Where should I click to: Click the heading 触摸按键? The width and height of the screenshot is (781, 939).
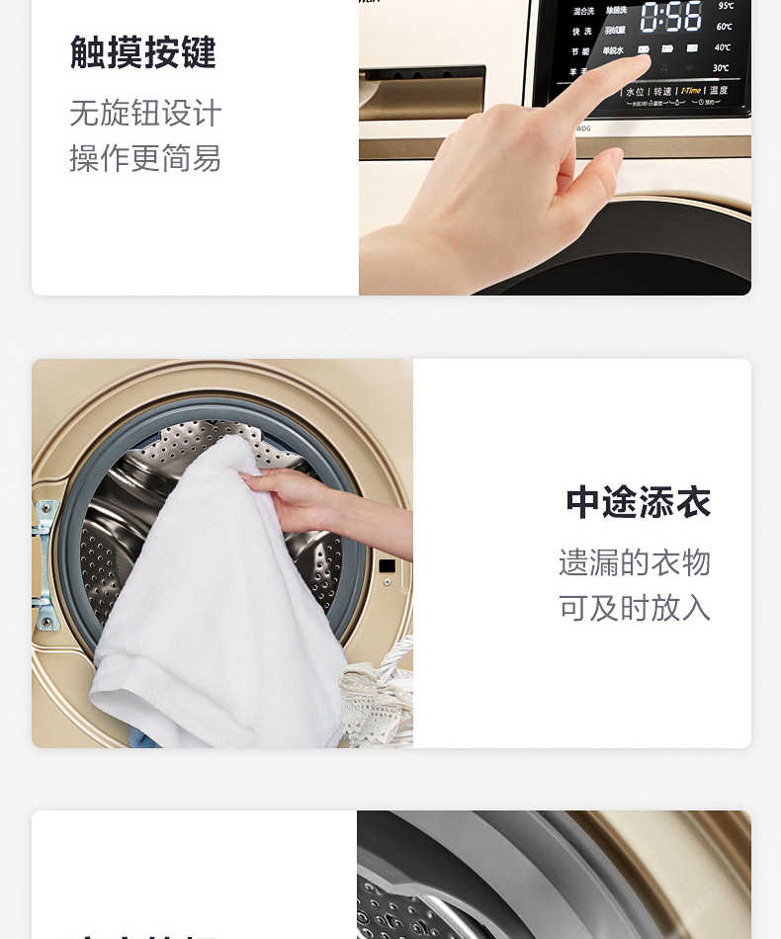(x=143, y=52)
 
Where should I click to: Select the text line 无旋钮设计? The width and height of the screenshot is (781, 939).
(x=145, y=113)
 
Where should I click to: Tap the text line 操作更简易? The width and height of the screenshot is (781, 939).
(x=145, y=158)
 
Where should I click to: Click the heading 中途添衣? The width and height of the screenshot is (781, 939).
(x=638, y=502)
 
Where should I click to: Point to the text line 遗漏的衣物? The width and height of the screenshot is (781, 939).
(x=635, y=562)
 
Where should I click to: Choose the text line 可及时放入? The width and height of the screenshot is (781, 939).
(x=635, y=608)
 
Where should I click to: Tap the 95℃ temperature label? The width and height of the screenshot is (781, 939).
(x=724, y=5)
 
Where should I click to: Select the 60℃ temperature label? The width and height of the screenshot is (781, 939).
(x=724, y=27)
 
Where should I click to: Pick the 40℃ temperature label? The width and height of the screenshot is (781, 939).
(x=723, y=47)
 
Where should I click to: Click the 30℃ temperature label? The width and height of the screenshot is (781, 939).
(x=722, y=68)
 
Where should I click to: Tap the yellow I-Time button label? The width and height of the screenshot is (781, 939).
(x=690, y=91)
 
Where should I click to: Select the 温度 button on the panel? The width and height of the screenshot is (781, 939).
(x=719, y=91)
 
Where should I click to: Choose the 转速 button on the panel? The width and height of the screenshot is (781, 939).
(x=661, y=92)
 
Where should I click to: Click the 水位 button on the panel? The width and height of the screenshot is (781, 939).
(x=634, y=92)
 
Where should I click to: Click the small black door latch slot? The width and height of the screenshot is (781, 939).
(x=387, y=566)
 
